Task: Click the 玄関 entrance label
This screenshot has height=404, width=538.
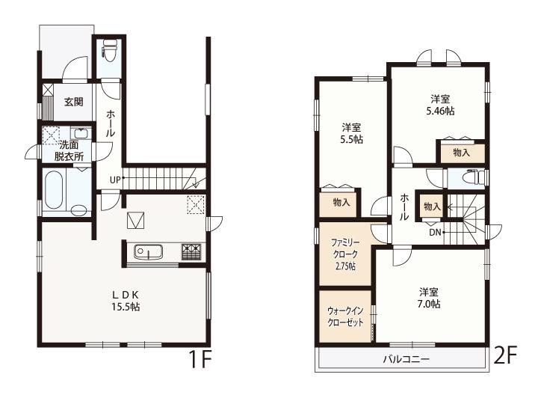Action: pyautogui.click(x=73, y=102)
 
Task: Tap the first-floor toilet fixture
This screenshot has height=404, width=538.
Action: pyautogui.click(x=110, y=51)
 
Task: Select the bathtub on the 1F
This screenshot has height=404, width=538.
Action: pyautogui.click(x=54, y=190)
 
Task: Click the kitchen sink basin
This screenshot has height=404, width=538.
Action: pyautogui.click(x=148, y=252)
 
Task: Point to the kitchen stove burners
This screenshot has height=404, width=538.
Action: pyautogui.click(x=192, y=252)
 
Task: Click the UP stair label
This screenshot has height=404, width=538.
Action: pyautogui.click(x=115, y=180)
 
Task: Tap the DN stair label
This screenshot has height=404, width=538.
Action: pyautogui.click(x=435, y=233)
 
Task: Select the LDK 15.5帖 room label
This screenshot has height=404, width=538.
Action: pyautogui.click(x=126, y=301)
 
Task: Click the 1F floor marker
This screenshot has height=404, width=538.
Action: pyautogui.click(x=200, y=358)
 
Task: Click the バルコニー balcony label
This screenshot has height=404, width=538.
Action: pyautogui.click(x=406, y=360)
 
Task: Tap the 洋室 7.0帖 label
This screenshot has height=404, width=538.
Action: pyautogui.click(x=429, y=299)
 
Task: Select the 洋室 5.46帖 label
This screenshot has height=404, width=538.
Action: pyautogui.click(x=440, y=105)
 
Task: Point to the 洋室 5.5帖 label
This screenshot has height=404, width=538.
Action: pyautogui.click(x=351, y=134)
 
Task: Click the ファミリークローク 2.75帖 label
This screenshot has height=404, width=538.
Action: pyautogui.click(x=344, y=254)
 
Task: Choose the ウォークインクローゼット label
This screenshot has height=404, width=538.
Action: pyautogui.click(x=345, y=316)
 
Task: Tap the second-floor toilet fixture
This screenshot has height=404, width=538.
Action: pyautogui.click(x=474, y=178)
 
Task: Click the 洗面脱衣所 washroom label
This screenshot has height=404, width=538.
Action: pyautogui.click(x=69, y=150)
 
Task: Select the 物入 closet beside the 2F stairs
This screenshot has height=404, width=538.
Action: pyautogui.click(x=432, y=206)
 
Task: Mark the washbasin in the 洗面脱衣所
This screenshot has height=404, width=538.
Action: pyautogui.click(x=81, y=133)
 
